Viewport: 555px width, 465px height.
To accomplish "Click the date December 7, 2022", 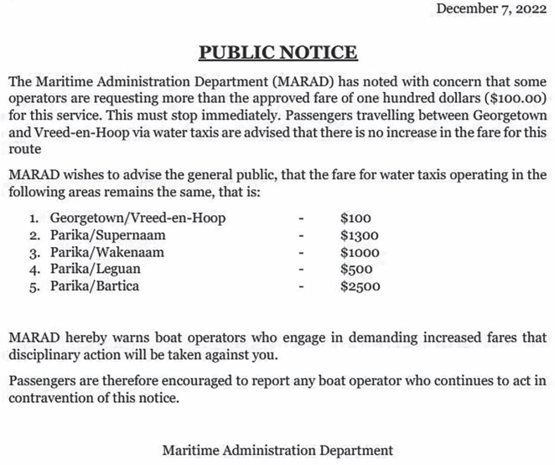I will click(x=491, y=9).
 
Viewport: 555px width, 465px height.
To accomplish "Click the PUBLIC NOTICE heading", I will click(x=278, y=53).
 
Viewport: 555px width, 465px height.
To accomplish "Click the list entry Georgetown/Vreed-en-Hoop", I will click(x=138, y=218).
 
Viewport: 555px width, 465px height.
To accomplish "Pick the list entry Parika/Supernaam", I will click(x=108, y=235).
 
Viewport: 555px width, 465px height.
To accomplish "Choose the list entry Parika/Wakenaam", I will click(x=107, y=252).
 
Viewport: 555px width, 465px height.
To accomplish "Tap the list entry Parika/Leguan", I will click(x=95, y=269).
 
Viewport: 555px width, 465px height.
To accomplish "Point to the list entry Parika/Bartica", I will click(x=94, y=286).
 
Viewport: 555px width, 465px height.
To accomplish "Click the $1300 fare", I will click(x=360, y=235).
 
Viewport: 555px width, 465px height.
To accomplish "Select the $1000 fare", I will click(x=360, y=252).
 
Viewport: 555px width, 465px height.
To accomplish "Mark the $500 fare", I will click(x=356, y=269).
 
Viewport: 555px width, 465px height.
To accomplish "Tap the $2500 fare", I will click(x=360, y=286).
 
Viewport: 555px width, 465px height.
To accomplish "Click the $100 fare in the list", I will click(x=355, y=218).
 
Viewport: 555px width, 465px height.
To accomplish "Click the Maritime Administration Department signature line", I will click(x=277, y=450).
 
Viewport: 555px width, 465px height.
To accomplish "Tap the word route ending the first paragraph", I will click(x=25, y=149).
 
